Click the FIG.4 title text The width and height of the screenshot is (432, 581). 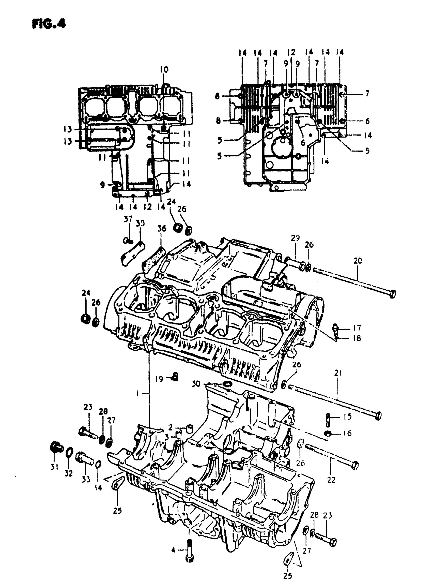click(x=49, y=24)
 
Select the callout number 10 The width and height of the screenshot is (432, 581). click(x=164, y=69)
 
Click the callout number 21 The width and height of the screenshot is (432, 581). click(x=338, y=373)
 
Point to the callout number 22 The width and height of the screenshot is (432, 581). click(x=331, y=480)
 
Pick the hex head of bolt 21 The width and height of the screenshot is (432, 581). click(x=378, y=416)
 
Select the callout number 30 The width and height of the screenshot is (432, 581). click(x=196, y=384)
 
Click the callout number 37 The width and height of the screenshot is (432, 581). click(x=128, y=219)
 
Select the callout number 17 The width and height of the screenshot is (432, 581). click(x=357, y=327)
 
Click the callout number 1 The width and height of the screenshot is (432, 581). click(x=137, y=393)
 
